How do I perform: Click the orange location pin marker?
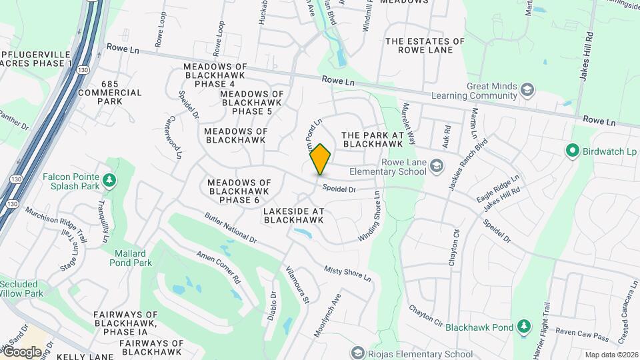[x=320, y=159]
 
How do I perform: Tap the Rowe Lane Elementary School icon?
[x=437, y=165]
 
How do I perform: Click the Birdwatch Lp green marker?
[x=571, y=151]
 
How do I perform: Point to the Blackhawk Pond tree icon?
[x=525, y=327]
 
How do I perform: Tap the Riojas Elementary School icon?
[x=358, y=353]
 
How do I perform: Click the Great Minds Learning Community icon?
[x=527, y=90]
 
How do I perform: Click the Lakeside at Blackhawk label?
[x=293, y=215]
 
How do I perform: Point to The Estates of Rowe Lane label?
[x=424, y=45]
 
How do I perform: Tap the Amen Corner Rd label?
[x=218, y=267]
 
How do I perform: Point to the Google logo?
[x=22, y=351]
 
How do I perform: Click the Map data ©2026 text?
[x=611, y=355]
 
